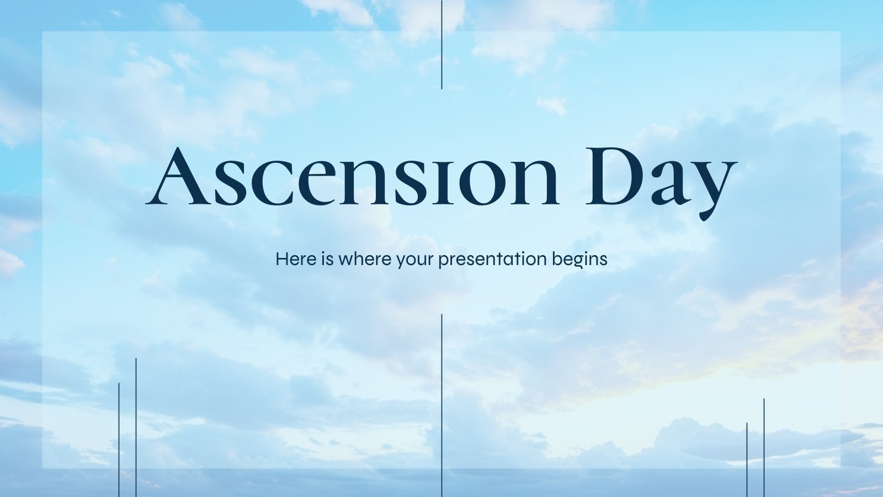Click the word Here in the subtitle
coord(296,258)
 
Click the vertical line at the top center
coord(441,44)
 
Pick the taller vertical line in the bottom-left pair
coord(136,428)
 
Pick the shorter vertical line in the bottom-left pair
coord(119,440)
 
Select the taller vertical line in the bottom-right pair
coord(764,447)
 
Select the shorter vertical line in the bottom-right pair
coord(747,459)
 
